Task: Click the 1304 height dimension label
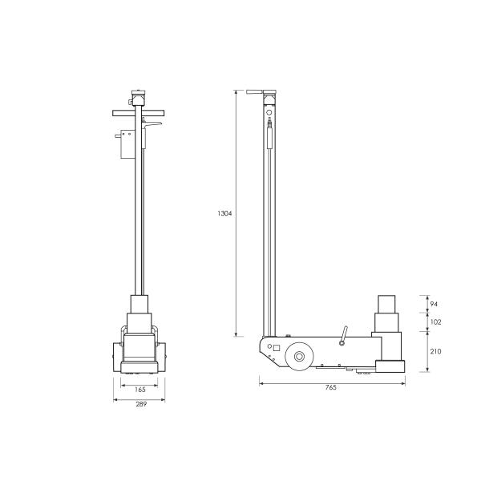pyautogui.click(x=224, y=214)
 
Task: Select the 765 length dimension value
pyautogui.click(x=331, y=387)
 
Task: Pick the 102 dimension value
pyautogui.click(x=436, y=321)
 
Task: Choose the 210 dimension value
pyautogui.click(x=436, y=351)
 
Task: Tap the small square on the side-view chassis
pyautogui.click(x=276, y=349)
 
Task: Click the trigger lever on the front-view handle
pyautogui.click(x=156, y=126)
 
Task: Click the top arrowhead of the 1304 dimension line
pyautogui.click(x=236, y=93)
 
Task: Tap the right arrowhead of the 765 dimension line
pyautogui.click(x=403, y=381)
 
